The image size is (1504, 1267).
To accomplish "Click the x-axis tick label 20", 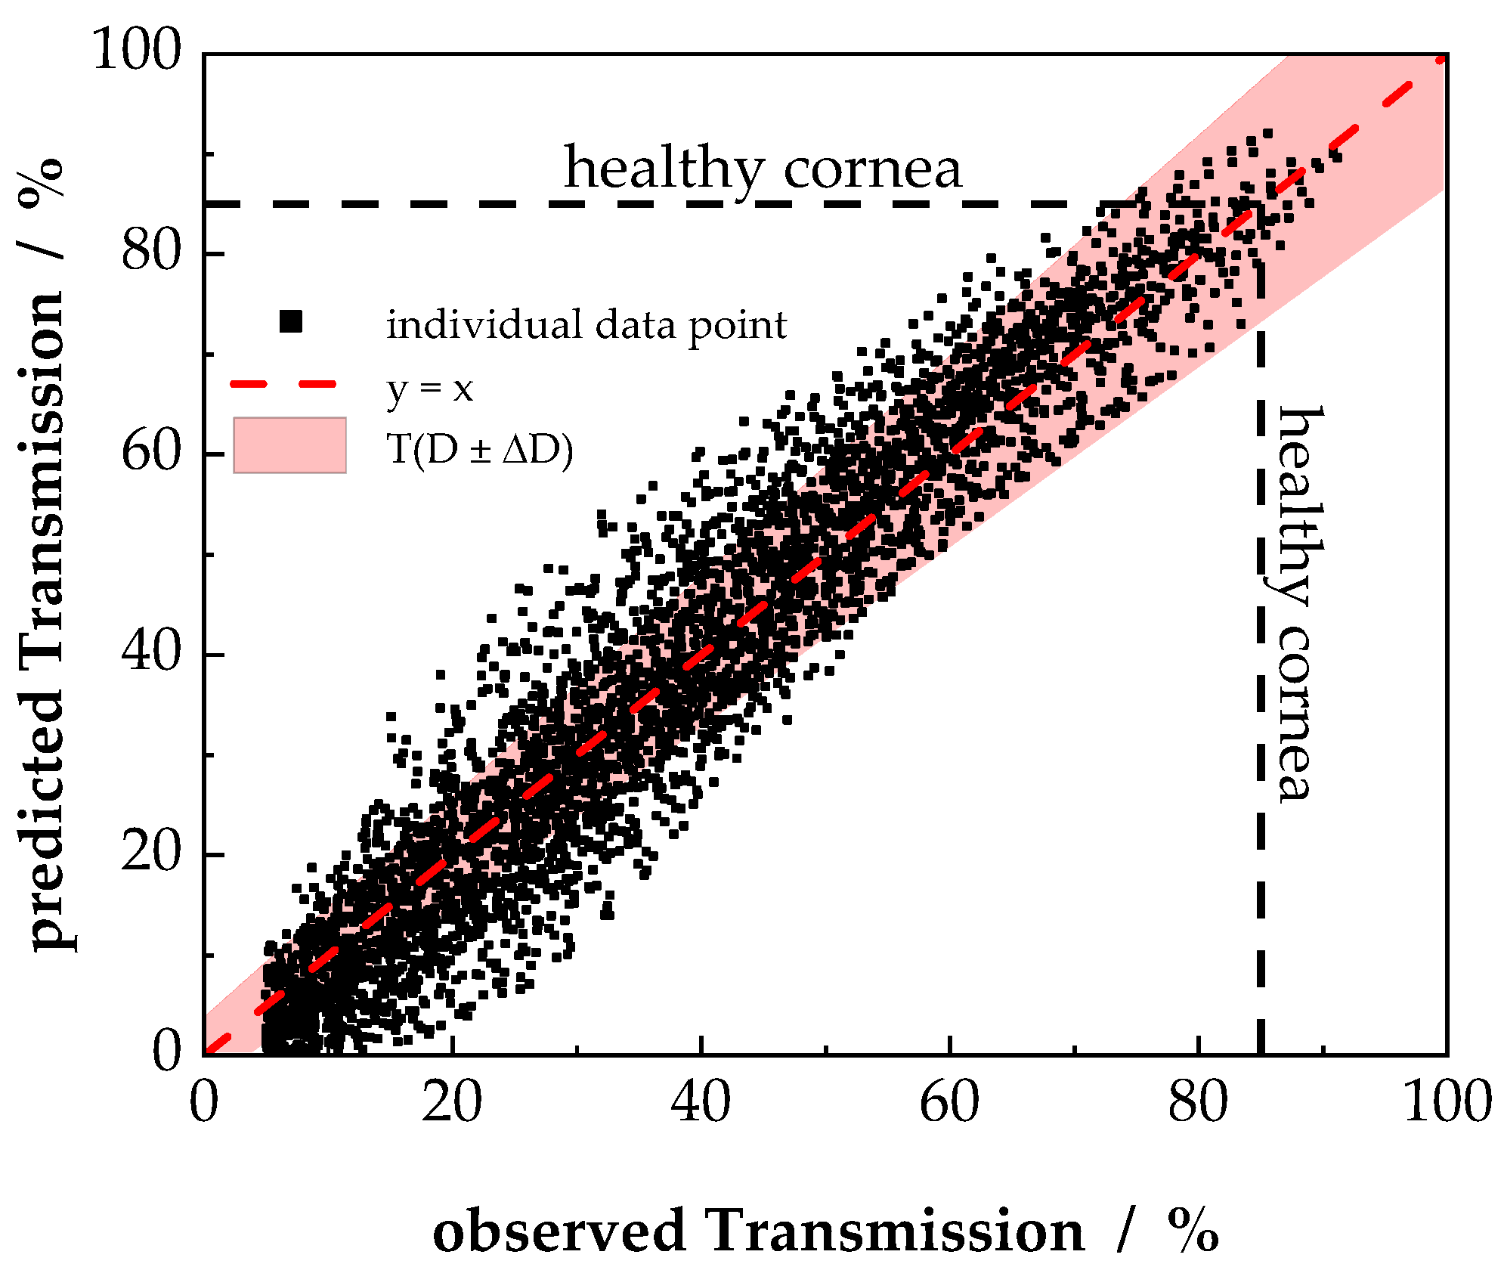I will tap(451, 1102).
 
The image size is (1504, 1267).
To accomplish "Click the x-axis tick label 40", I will tap(701, 1102).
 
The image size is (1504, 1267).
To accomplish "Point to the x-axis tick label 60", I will tap(949, 1102).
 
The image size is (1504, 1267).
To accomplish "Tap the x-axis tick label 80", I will tap(1198, 1102).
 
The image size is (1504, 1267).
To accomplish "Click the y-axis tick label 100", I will tap(137, 51).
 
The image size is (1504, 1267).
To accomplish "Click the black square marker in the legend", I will tap(290, 322).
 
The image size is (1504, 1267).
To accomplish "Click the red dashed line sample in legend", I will tap(283, 385).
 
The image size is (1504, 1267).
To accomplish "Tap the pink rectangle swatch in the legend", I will tap(289, 445).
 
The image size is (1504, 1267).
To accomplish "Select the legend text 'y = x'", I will tap(429, 389).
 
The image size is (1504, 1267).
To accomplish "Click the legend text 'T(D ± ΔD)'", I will tap(480, 450).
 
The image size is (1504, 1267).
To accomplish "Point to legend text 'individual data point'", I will tap(586, 326).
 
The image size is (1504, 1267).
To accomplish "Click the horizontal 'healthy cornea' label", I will tap(763, 168).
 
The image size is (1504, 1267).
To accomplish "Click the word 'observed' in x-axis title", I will tap(559, 1231).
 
